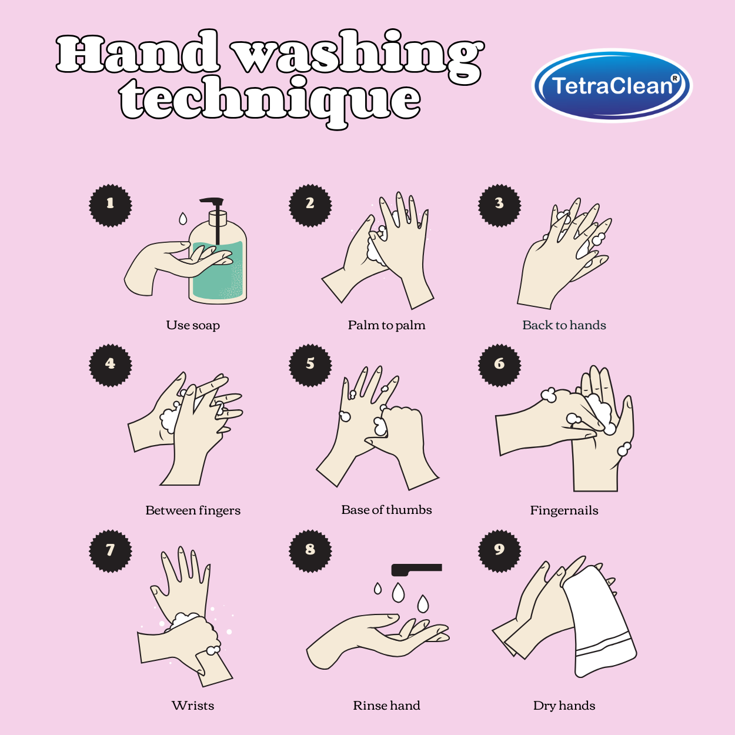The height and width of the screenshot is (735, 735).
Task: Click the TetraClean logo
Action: (612, 86)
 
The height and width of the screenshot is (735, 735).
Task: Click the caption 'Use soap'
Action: (193, 325)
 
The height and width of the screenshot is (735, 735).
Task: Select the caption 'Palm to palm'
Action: (386, 325)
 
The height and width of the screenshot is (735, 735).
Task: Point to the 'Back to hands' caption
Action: (564, 325)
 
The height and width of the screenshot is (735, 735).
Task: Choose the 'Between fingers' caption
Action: (193, 510)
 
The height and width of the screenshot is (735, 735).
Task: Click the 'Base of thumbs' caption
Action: (386, 510)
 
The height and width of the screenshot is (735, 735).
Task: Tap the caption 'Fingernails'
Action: (564, 510)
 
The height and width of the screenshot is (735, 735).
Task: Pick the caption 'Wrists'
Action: (193, 706)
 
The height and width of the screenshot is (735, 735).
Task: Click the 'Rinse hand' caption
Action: (386, 706)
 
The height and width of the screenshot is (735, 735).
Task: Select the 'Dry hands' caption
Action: (564, 706)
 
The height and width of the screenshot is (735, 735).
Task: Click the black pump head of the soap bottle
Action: (213, 201)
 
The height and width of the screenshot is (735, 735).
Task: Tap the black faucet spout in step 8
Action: (416, 569)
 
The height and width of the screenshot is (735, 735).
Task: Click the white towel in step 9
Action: (600, 623)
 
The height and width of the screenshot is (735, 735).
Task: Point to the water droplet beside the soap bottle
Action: (183, 219)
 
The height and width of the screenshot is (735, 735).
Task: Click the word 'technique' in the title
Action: (270, 100)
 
